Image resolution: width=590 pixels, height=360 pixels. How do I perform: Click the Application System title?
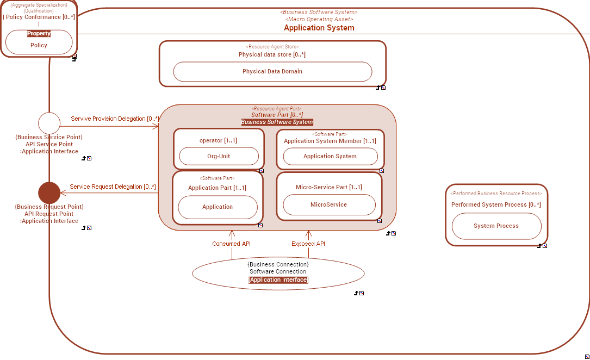pyautogui.click(x=319, y=28)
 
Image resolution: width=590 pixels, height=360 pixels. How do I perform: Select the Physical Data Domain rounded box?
pyautogui.click(x=272, y=72)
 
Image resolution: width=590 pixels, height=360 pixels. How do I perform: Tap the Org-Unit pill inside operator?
pyautogui.click(x=219, y=156)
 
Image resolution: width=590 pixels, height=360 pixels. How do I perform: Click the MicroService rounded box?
pyautogui.click(x=328, y=205)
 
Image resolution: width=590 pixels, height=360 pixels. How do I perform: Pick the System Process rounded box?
pyautogui.click(x=496, y=226)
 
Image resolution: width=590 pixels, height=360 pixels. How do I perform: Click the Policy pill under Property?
pyautogui.click(x=39, y=46)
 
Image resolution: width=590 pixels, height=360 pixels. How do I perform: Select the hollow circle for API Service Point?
pyautogui.click(x=49, y=123)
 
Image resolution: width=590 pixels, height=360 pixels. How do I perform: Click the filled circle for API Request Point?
pyautogui.click(x=49, y=193)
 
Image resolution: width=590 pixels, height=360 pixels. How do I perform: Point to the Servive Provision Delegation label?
pyautogui.click(x=115, y=119)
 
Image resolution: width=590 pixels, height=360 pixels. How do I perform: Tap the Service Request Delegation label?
pyautogui.click(x=113, y=187)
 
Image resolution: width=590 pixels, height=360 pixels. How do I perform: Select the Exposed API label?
pyautogui.click(x=308, y=244)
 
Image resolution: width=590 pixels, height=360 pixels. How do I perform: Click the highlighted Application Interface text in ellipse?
pyautogui.click(x=278, y=280)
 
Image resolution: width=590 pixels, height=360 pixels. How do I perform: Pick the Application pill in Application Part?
pyautogui.click(x=218, y=207)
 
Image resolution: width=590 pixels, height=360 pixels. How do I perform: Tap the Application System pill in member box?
pyautogui.click(x=330, y=156)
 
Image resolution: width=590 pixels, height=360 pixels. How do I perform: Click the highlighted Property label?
pyautogui.click(x=39, y=34)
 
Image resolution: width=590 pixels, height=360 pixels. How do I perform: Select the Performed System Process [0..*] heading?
pyautogui.click(x=496, y=204)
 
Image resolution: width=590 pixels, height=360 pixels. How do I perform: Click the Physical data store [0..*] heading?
pyautogui.click(x=272, y=54)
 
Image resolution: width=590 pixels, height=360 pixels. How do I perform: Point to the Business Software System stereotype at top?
pyautogui.click(x=319, y=12)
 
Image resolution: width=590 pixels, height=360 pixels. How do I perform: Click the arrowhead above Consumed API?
pyautogui.click(x=232, y=233)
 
